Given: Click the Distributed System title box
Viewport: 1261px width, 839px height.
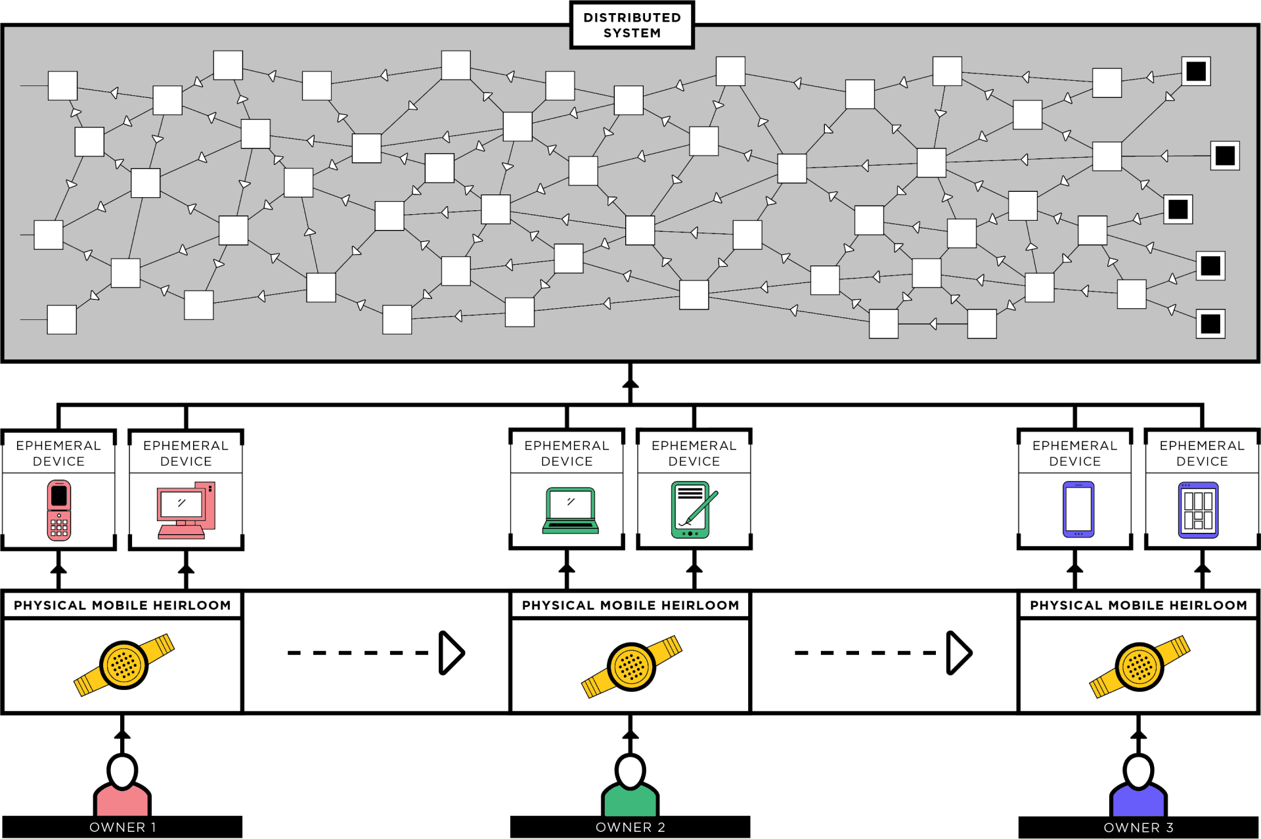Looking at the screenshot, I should click(632, 25).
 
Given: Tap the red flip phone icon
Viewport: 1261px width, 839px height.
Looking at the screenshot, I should click(59, 510).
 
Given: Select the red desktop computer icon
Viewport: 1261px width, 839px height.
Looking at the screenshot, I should click(186, 510).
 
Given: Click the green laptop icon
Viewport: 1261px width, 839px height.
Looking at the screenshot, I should click(570, 510).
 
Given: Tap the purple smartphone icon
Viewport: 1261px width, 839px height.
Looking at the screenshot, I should click(1078, 509).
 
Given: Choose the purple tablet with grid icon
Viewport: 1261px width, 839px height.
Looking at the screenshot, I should click(1198, 510).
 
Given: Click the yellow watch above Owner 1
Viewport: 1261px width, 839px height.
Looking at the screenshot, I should click(123, 665).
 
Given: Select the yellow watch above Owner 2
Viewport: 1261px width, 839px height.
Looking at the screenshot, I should click(631, 666).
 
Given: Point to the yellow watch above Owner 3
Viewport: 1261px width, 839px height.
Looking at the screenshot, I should click(1139, 666).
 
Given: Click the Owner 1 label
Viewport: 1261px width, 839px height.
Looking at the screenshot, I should click(122, 827).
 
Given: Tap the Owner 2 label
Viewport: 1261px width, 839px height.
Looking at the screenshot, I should click(630, 827).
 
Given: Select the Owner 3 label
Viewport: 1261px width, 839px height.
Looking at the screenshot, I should click(1138, 827).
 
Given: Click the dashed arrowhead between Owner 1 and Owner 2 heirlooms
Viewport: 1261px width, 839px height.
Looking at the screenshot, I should click(451, 652).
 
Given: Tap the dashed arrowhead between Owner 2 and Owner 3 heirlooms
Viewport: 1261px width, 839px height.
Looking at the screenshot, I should click(958, 652).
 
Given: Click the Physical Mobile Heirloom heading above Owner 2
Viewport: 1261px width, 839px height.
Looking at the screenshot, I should click(630, 605).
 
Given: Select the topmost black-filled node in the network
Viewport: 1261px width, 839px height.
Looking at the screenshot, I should click(1195, 71).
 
